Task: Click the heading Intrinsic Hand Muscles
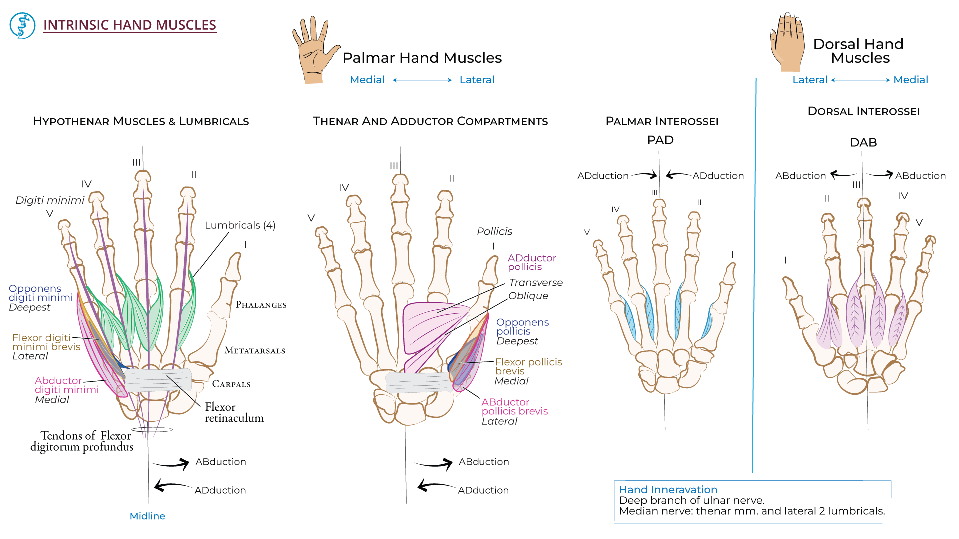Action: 129,25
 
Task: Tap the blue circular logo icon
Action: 23,26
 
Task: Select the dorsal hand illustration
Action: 788,43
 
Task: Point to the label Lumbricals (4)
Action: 240,225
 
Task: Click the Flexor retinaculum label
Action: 234,413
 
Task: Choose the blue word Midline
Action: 147,516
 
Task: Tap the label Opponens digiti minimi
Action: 40,293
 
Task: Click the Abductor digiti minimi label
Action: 66,385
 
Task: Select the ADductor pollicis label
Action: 531,262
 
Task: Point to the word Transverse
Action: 535,283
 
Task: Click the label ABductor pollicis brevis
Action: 514,407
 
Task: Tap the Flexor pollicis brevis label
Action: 528,366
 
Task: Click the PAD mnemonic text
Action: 660,140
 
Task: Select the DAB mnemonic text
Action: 863,143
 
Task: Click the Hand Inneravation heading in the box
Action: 668,490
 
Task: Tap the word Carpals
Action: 231,384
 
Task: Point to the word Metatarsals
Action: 255,351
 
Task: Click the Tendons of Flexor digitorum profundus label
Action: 82,441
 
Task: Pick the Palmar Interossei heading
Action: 662,121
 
